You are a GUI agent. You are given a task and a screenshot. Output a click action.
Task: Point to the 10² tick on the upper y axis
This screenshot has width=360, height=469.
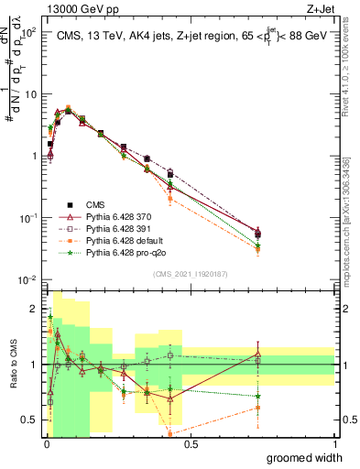28,32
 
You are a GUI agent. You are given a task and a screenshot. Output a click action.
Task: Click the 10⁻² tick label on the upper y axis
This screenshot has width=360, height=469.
27,279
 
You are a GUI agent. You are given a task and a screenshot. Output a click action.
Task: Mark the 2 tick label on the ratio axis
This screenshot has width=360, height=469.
34,309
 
